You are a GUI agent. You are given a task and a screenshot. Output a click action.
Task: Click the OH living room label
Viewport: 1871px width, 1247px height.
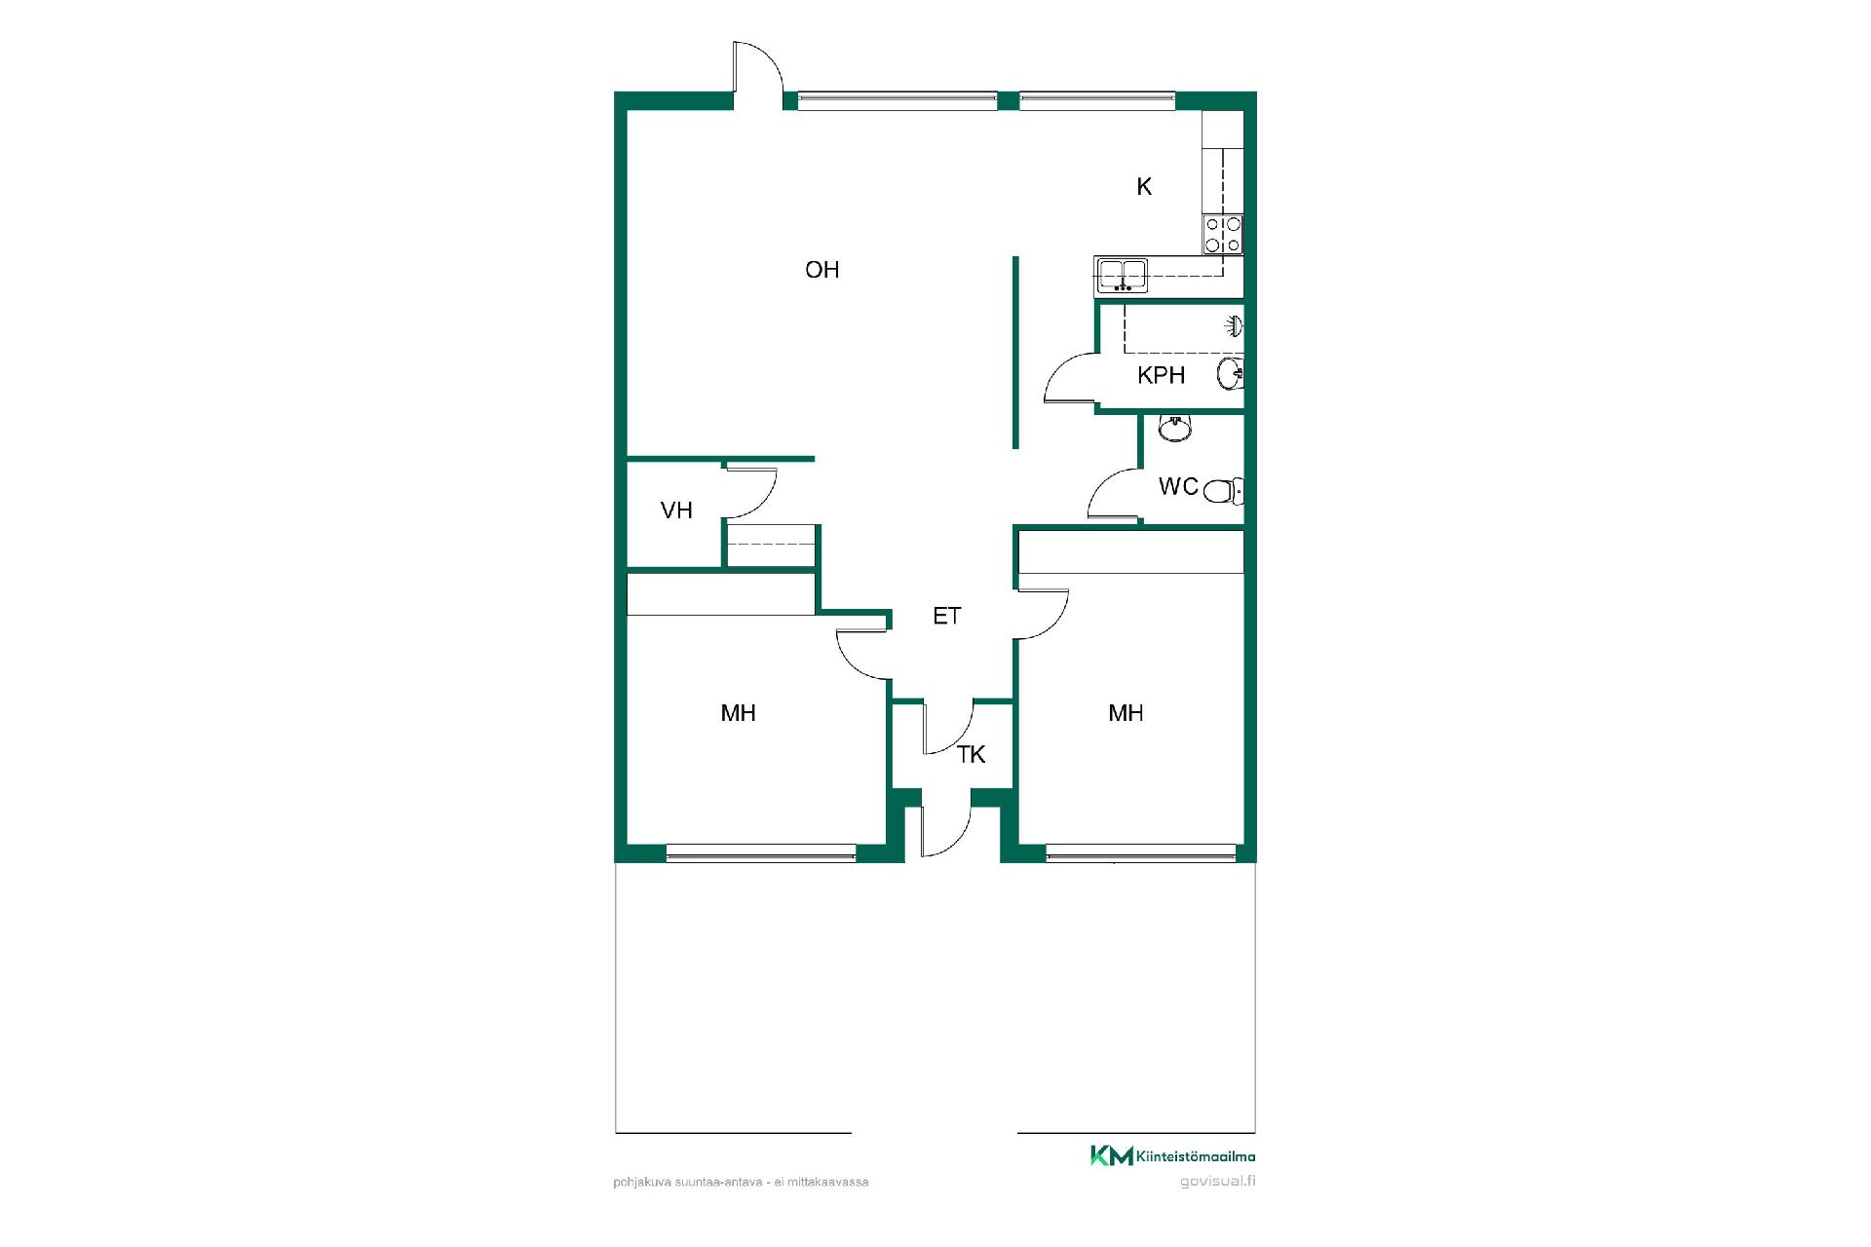point(821,270)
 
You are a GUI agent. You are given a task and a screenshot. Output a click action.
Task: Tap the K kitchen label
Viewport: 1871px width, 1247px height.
point(1144,187)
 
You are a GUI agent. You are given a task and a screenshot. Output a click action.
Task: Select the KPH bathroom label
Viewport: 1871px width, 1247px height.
point(1161,375)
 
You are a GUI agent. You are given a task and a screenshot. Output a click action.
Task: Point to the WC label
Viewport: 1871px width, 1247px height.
point(1178,486)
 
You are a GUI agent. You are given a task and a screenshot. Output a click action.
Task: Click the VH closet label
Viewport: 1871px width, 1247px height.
point(676,510)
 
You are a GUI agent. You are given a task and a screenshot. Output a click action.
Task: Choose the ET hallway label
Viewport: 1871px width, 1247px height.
point(947,616)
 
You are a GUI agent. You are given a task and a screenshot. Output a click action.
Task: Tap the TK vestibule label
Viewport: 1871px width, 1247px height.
point(972,755)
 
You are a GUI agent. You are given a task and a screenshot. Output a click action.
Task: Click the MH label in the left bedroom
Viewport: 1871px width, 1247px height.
point(739,713)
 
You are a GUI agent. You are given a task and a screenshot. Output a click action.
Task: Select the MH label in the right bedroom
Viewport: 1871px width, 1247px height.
point(1126,713)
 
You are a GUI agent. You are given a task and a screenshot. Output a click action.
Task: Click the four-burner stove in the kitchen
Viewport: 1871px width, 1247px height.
point(1223,235)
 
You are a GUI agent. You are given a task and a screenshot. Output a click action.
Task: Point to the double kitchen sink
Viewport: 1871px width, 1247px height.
point(1122,275)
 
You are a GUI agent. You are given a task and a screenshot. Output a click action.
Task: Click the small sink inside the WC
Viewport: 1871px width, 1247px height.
point(1175,428)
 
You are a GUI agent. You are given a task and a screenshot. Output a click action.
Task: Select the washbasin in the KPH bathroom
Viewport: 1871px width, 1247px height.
point(1231,373)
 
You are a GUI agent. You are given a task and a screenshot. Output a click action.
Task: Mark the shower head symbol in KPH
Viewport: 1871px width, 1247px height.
point(1235,324)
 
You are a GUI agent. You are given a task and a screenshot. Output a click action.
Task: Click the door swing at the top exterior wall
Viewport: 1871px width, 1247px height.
point(757,67)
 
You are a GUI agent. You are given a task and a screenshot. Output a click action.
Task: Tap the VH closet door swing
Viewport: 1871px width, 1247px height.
point(751,493)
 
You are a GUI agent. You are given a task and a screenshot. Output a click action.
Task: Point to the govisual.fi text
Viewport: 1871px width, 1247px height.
point(1217,1182)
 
